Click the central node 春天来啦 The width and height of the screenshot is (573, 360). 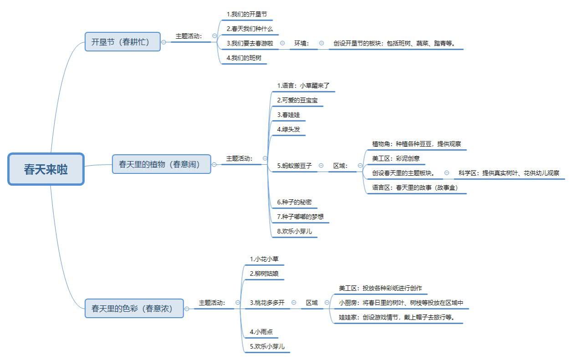point(46,169)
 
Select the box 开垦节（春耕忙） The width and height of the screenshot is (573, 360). point(123,42)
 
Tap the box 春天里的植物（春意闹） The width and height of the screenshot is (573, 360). point(161,164)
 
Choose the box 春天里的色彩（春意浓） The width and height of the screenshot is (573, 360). point(134,309)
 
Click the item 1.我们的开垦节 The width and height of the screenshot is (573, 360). point(246,14)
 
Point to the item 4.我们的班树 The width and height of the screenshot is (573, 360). point(244,58)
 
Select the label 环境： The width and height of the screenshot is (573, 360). point(302,44)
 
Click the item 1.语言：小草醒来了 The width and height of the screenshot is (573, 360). point(303,86)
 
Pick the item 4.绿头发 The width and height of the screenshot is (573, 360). point(288,129)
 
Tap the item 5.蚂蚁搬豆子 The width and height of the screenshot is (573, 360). point(294,166)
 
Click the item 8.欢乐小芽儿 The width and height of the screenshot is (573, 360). point(294,231)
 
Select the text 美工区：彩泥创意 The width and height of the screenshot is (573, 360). point(396,158)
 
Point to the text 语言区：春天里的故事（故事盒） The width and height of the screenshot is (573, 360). point(415,188)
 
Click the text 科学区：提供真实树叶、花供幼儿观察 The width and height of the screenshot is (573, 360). point(509,173)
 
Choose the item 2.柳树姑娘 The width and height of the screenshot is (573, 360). point(264,274)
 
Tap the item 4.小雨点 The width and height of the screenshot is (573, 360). point(261,332)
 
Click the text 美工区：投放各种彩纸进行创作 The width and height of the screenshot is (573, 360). point(380,288)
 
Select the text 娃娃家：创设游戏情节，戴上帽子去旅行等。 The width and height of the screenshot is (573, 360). point(397,317)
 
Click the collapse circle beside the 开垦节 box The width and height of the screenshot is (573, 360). point(164,42)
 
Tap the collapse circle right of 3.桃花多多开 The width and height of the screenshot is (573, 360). point(294,303)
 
